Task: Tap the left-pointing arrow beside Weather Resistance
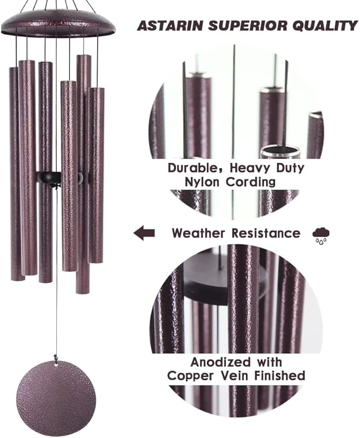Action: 144,232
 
